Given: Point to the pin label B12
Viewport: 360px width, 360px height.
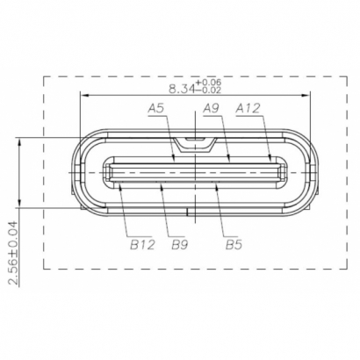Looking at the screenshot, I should pyautogui.click(x=142, y=245).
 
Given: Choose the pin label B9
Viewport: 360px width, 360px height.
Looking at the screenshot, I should pyautogui.click(x=181, y=245).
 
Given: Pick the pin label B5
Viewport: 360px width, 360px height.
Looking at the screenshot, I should pyautogui.click(x=234, y=245).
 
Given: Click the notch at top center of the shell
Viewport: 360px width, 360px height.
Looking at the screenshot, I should pyautogui.click(x=194, y=140).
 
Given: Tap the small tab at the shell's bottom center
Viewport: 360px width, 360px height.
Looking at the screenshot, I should pyautogui.click(x=194, y=212).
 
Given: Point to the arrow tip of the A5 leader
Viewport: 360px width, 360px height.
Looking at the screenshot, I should pyautogui.click(x=176, y=162).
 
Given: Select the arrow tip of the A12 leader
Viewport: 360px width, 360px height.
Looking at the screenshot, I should pyautogui.click(x=270, y=162).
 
